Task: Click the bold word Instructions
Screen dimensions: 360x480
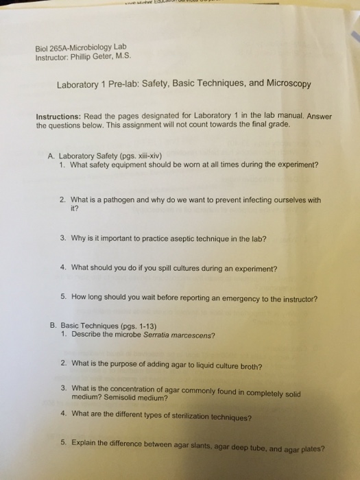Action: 58,117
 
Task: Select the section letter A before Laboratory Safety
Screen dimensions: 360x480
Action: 51,155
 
